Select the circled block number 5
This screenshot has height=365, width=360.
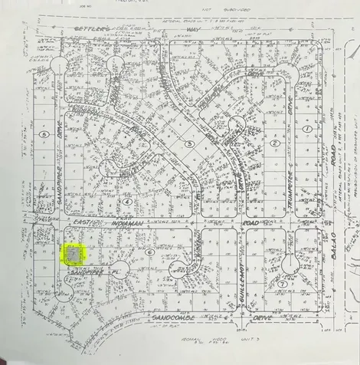coord(45,133)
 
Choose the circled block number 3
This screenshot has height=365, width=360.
coord(189,143)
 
